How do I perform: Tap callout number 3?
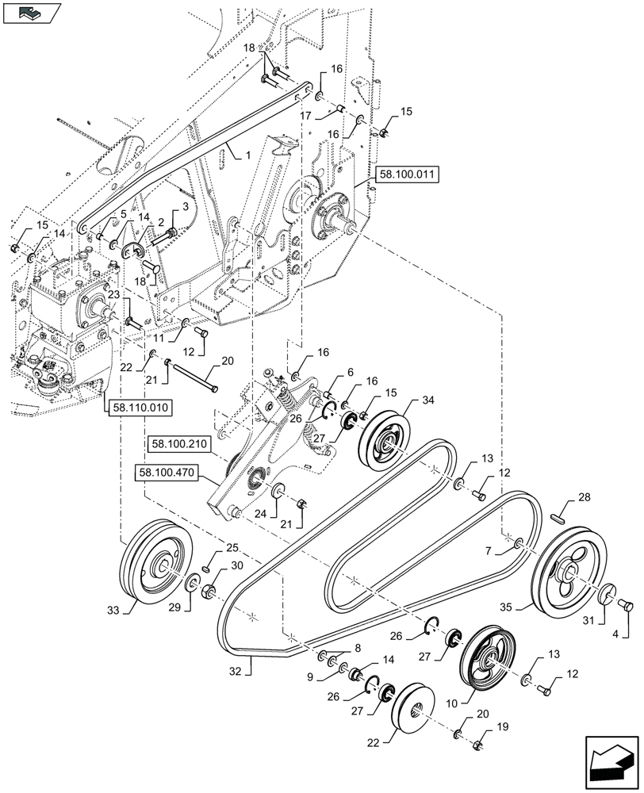click(185, 207)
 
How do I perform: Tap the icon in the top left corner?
click(31, 13)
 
